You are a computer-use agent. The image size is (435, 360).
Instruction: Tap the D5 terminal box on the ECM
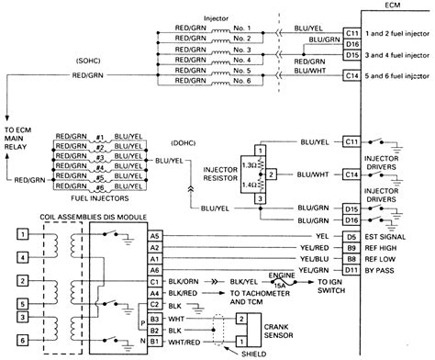coord(351,236)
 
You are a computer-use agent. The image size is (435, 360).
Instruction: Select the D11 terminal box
coord(351,269)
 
